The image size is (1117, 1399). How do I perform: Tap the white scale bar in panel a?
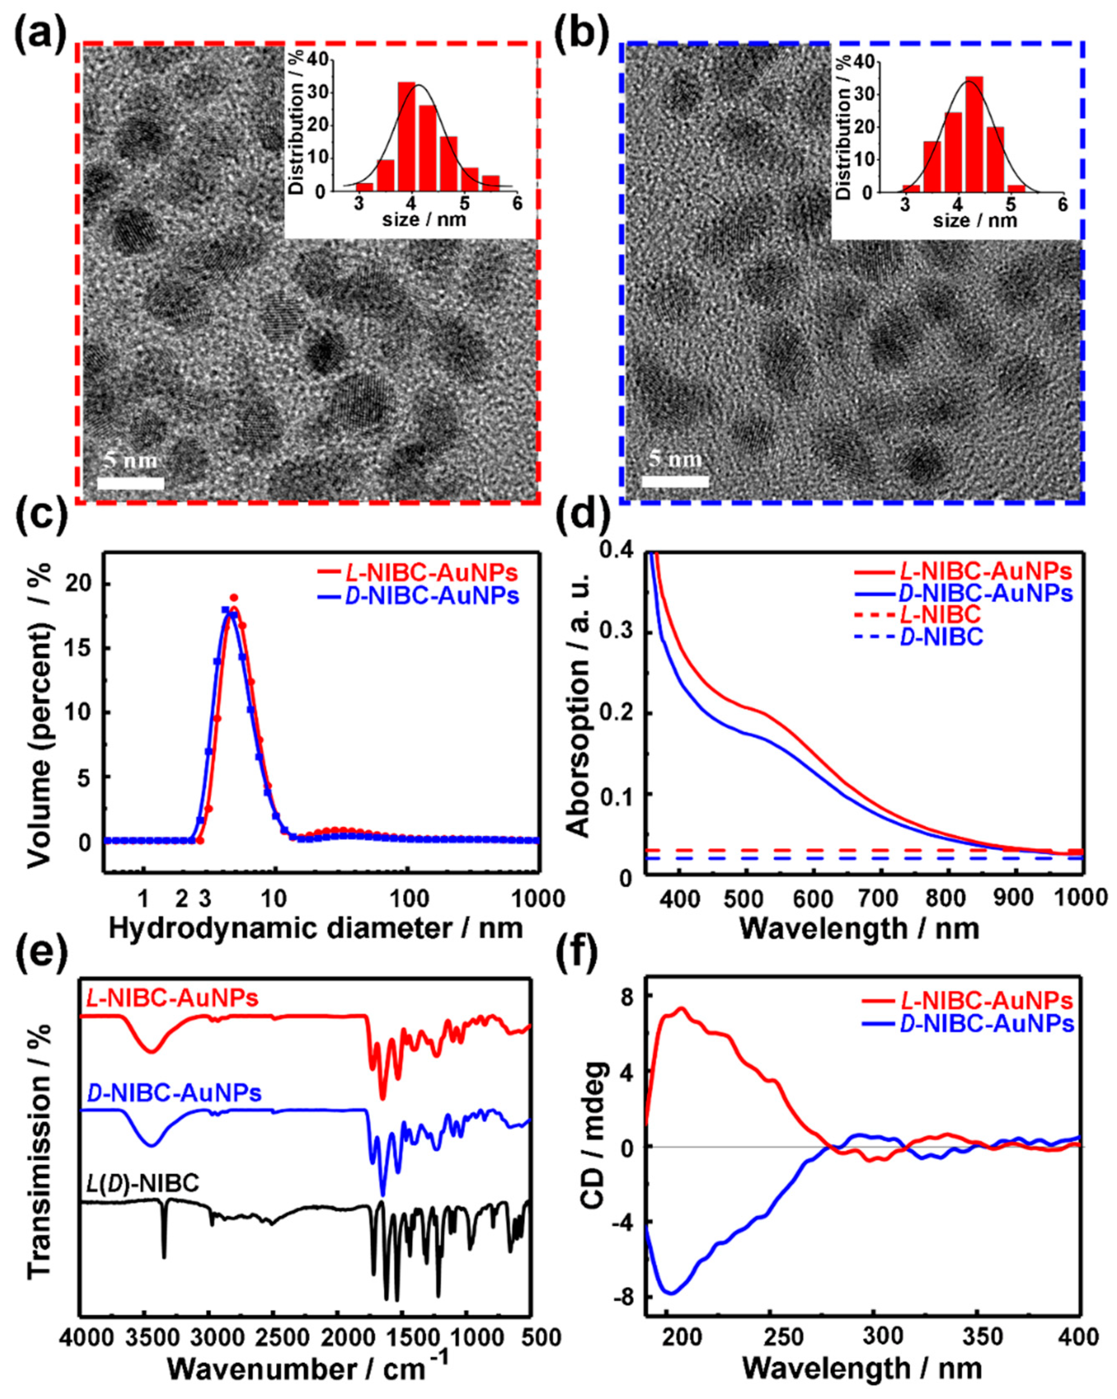coord(130,483)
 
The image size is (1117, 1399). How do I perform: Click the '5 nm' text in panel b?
coord(676,460)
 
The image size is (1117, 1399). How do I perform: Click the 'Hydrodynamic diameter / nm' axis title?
coord(316,929)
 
